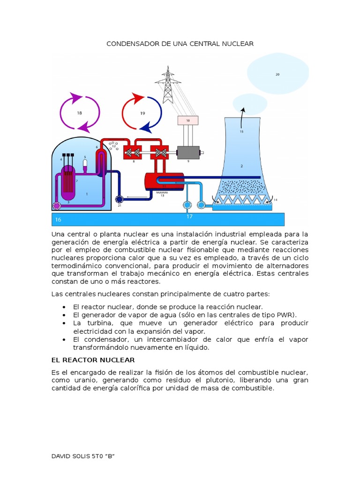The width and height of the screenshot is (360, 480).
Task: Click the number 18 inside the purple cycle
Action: point(79,113)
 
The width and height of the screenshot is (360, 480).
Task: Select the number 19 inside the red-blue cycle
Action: point(142,113)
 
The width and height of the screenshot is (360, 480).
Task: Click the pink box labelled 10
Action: point(188,120)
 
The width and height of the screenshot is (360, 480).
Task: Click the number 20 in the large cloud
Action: point(277,74)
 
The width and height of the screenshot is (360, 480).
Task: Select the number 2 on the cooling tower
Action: point(242,166)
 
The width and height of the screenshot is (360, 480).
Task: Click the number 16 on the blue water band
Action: point(58,219)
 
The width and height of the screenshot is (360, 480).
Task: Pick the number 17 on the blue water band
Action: point(189,217)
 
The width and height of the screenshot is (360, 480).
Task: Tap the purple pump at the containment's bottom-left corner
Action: point(57,205)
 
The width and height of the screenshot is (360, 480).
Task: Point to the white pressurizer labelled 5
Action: point(85,164)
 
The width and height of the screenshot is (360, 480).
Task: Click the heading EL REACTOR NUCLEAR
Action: point(93,360)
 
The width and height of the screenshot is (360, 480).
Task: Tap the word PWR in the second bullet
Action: point(289,315)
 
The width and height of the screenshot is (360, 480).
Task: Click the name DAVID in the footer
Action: point(61,456)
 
